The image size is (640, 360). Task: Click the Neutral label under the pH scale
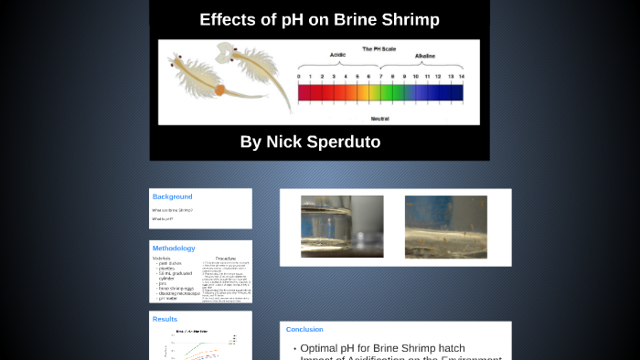380,117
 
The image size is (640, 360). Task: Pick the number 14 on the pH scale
462,77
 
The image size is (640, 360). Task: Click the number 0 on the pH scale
299,77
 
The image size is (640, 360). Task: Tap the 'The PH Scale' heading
379,48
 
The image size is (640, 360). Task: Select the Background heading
172,196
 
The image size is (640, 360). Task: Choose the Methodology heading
174,249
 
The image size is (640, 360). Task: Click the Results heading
165,319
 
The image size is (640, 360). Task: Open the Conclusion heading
304,329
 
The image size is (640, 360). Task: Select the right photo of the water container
446,227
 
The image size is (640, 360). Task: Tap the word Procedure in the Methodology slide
226,259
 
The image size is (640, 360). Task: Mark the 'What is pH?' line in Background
163,219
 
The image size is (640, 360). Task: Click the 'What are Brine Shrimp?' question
173,210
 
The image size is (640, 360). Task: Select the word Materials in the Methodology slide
162,259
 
